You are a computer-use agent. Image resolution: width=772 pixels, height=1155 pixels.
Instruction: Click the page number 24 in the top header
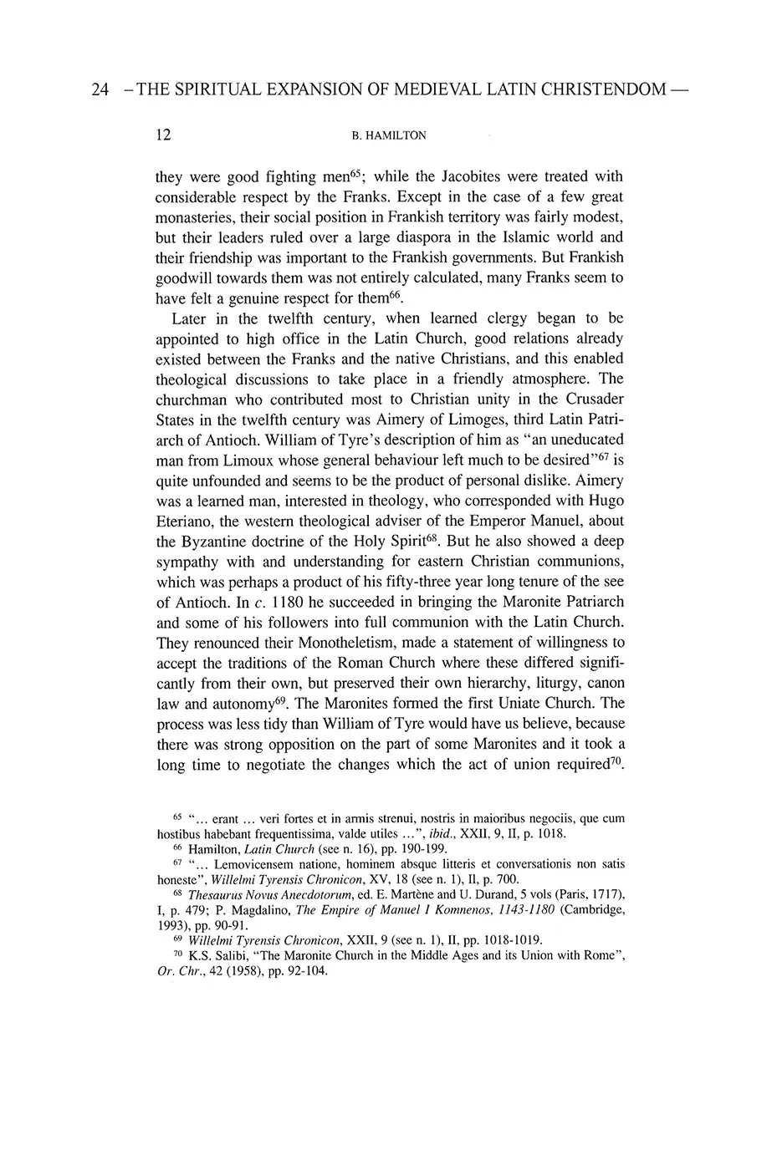(100, 91)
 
